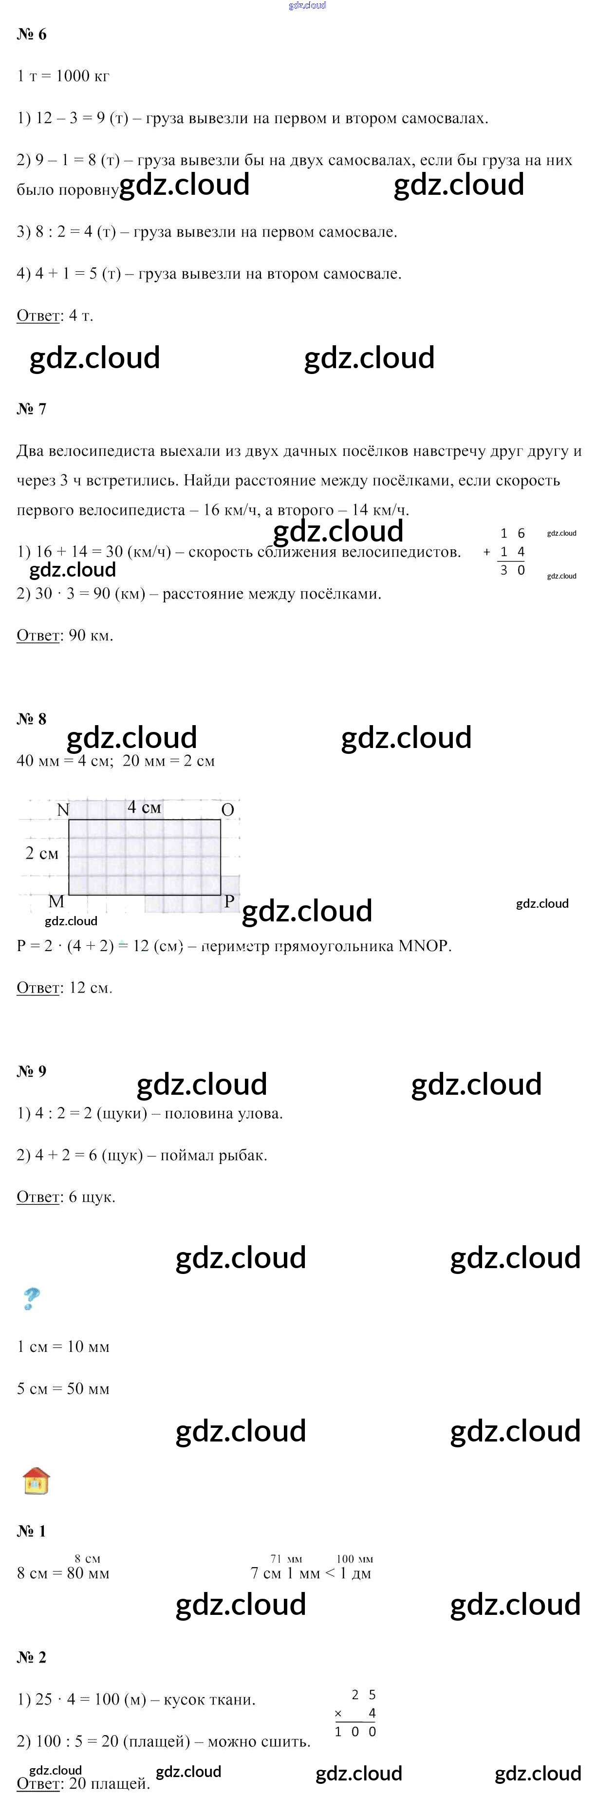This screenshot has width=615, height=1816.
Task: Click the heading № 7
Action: point(32,409)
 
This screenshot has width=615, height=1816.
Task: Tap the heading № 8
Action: point(32,719)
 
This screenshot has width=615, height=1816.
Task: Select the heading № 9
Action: point(32,1071)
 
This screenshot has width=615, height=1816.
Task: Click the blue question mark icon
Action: point(31,1298)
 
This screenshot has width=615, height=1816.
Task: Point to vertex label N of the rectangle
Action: point(63,810)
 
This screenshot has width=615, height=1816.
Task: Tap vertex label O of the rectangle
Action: point(227,810)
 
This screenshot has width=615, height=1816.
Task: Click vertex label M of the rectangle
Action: point(56,901)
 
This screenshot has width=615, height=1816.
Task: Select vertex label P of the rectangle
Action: point(229,901)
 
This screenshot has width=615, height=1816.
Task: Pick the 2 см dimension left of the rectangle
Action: point(41,854)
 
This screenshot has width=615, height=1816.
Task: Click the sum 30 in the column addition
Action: point(513,570)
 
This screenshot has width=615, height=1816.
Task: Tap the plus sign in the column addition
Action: point(486,552)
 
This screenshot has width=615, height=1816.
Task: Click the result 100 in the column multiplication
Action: point(355,1731)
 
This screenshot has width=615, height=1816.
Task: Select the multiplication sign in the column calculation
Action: point(338,1714)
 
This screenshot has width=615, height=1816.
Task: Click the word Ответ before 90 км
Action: point(38,636)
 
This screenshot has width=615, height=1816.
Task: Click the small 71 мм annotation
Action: point(286,1559)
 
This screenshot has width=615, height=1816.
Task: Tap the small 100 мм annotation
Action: point(355,1559)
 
